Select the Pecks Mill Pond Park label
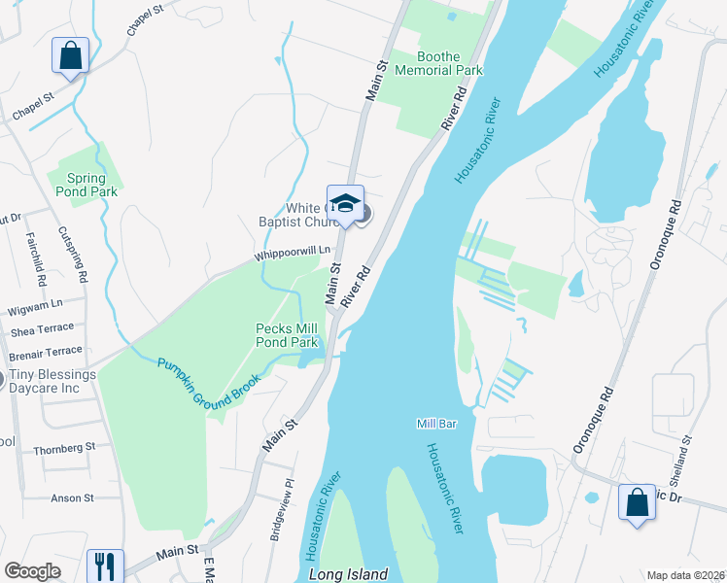click(287, 336)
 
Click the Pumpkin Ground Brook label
click(209, 383)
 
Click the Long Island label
click(348, 574)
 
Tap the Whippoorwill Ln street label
click(287, 254)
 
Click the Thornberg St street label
click(64, 448)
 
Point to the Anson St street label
click(73, 498)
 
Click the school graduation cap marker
click(345, 204)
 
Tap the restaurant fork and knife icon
click(104, 566)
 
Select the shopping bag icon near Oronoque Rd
click(637, 503)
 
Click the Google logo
click(33, 571)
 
